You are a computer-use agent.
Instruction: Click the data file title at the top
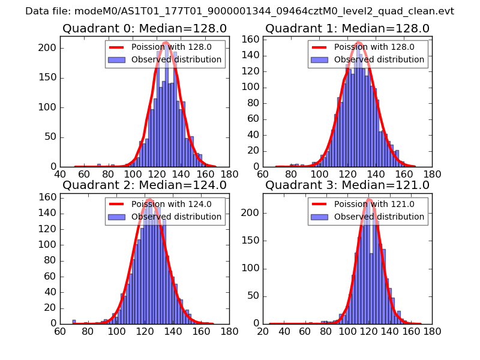tap(239, 11)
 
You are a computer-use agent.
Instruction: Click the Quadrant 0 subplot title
tap(145, 29)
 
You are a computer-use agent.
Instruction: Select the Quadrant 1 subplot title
tap(347, 29)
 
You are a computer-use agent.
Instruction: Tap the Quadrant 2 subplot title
tap(145, 185)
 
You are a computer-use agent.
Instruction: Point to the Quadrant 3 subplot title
tap(347, 185)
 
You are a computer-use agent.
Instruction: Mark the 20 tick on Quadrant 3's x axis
tap(263, 331)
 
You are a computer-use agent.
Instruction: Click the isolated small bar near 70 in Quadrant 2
tap(74, 322)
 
